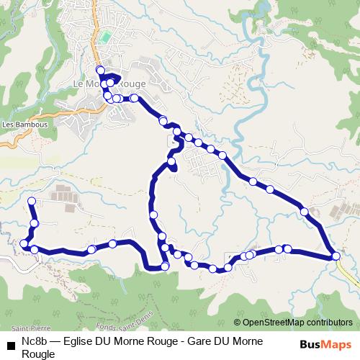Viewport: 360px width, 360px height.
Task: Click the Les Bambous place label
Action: pyautogui.click(x=24, y=124)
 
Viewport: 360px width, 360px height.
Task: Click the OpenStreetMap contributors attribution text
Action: pyautogui.click(x=297, y=323)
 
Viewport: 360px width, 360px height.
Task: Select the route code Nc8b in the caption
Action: pyautogui.click(x=34, y=341)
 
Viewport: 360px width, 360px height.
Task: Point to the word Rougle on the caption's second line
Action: pyautogui.click(x=37, y=354)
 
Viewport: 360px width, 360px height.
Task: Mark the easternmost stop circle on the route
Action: pyautogui.click(x=336, y=256)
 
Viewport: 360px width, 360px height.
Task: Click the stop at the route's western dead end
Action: pyautogui.click(x=32, y=200)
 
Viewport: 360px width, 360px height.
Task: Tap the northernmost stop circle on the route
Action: pyautogui.click(x=101, y=71)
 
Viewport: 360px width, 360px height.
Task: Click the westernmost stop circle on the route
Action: pyautogui.click(x=24, y=244)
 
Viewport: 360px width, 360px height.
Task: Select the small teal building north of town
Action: pyautogui.click(x=107, y=37)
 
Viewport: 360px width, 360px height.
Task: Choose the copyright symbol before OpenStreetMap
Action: pyautogui.click(x=237, y=323)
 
